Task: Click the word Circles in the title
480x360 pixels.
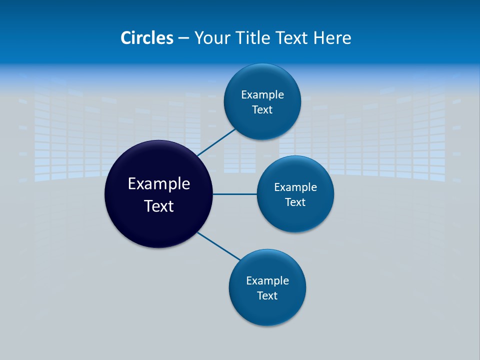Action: [x=147, y=38]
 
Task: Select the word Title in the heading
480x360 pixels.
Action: [x=254, y=38]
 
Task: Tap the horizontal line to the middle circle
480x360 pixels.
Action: [x=234, y=194]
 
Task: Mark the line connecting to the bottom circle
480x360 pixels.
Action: [x=219, y=246]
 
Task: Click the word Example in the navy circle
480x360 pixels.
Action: [x=159, y=184]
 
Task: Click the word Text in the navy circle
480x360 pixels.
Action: [x=159, y=206]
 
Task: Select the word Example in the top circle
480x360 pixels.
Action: [x=262, y=95]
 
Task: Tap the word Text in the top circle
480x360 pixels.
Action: [x=262, y=110]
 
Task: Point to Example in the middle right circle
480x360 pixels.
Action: [x=295, y=187]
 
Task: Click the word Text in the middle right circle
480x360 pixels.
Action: [x=295, y=202]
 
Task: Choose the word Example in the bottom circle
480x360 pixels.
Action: [x=267, y=281]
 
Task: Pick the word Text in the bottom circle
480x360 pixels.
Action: [x=267, y=296]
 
